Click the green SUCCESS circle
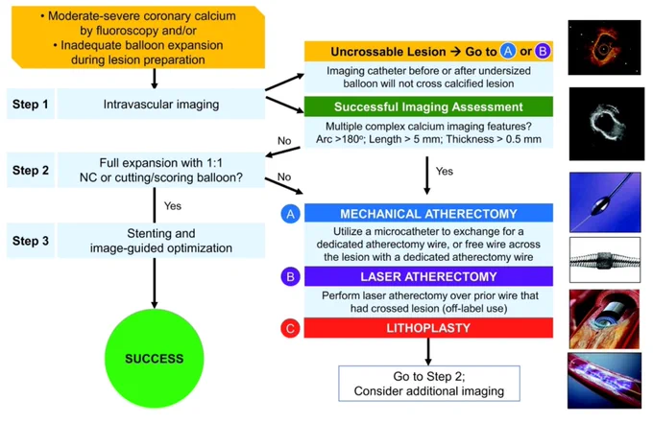coord(154,358)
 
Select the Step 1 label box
coord(31,104)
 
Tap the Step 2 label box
coord(31,170)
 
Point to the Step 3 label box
coord(31,241)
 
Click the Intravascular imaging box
coord(161,104)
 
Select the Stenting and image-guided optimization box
coord(161,241)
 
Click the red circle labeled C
coord(290,328)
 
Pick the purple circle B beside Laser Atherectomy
coord(290,276)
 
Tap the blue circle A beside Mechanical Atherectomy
coord(290,214)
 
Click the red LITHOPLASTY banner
coord(428,328)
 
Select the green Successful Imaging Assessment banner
coord(428,106)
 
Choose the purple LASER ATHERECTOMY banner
coord(428,276)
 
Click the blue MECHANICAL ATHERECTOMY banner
coord(428,213)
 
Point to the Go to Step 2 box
coord(429,384)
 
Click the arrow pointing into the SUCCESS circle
coord(154,283)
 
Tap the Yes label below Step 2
coord(173,206)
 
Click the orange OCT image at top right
coord(604,47)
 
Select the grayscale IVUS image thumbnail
coord(606,124)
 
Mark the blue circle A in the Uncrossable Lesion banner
coord(508,51)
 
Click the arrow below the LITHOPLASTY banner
coord(428,351)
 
